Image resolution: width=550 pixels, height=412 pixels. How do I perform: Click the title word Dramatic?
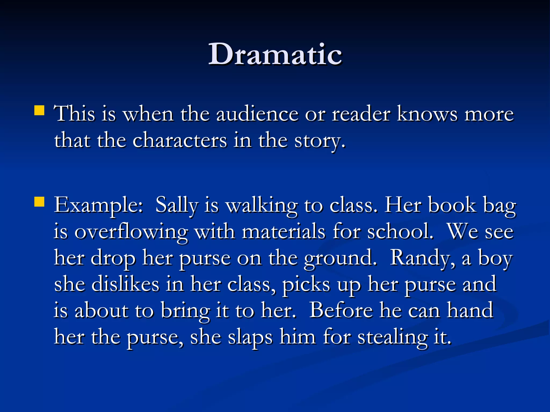[275, 54]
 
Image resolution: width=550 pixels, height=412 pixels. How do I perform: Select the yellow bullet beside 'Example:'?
[39, 202]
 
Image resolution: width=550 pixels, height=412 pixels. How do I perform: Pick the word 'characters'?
[180, 141]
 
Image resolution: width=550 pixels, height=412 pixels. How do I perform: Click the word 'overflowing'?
[131, 232]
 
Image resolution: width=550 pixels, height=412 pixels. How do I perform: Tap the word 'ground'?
[340, 258]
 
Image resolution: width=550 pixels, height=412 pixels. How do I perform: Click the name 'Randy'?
[422, 258]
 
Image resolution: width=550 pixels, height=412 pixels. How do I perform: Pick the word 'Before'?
[341, 310]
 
